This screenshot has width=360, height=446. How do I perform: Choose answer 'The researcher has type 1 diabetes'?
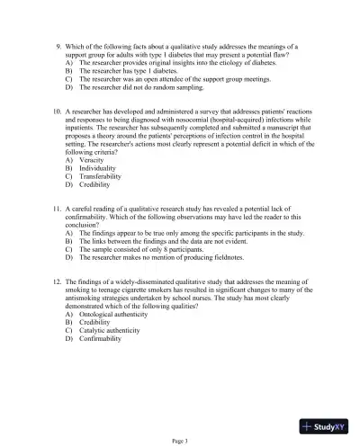point(126,72)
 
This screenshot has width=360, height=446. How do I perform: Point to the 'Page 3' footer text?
point(179,440)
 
